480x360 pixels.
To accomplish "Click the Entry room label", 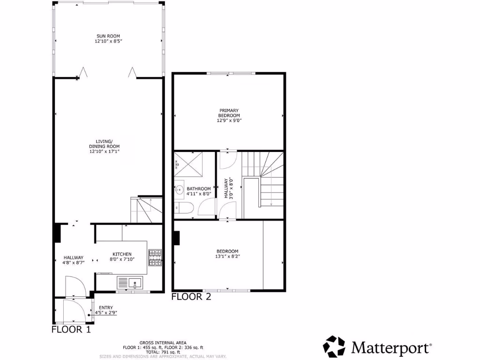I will [106, 307].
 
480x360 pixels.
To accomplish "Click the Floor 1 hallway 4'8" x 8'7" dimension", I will [74, 262].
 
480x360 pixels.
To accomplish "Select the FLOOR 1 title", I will [71, 329].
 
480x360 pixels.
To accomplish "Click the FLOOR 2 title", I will [191, 296].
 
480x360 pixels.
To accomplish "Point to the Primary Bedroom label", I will [229, 113].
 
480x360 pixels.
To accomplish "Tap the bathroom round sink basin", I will [180, 191].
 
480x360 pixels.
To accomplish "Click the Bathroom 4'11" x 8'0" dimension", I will [199, 194].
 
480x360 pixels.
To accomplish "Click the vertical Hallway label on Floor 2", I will [226, 188].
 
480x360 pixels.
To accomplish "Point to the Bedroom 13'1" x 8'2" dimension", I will [227, 256].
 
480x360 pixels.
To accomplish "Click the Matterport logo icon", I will [334, 346].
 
